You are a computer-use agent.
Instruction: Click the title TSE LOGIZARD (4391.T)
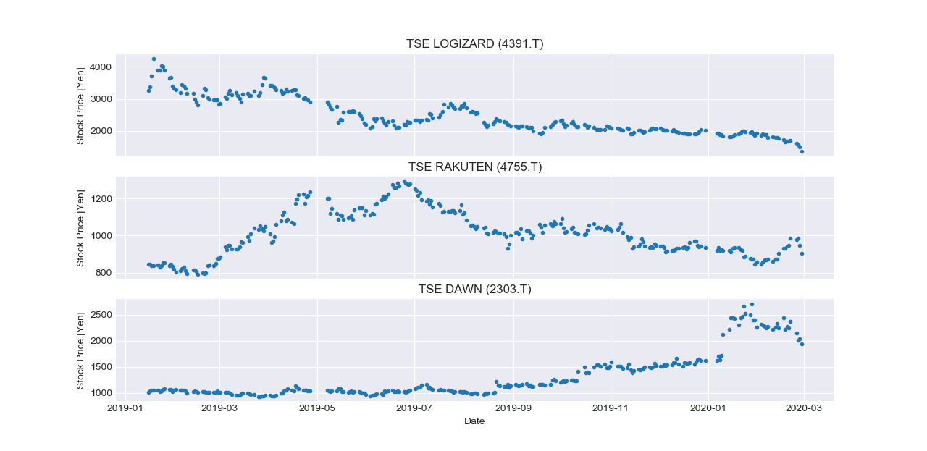point(474,44)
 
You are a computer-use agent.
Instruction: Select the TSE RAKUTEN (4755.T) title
point(474,167)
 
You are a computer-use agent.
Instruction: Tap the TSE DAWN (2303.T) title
point(474,290)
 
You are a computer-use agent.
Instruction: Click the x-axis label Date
point(474,421)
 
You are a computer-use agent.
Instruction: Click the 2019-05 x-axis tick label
point(317,409)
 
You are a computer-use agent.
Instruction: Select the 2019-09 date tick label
point(513,409)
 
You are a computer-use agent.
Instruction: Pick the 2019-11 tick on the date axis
point(611,409)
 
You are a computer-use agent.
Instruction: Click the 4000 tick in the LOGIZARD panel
point(101,67)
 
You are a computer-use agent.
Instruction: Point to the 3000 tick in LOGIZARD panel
point(101,99)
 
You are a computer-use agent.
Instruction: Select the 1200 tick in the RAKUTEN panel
point(101,199)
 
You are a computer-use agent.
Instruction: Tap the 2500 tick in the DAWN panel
point(101,315)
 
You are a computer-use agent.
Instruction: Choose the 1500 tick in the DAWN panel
point(101,367)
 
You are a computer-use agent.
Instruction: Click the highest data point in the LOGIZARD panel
point(154,59)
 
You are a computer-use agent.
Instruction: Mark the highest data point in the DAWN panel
point(752,305)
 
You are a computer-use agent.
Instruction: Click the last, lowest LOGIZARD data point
point(802,151)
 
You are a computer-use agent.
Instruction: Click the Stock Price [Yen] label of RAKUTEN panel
point(80,227)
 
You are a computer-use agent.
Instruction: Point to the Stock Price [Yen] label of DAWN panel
point(80,350)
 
